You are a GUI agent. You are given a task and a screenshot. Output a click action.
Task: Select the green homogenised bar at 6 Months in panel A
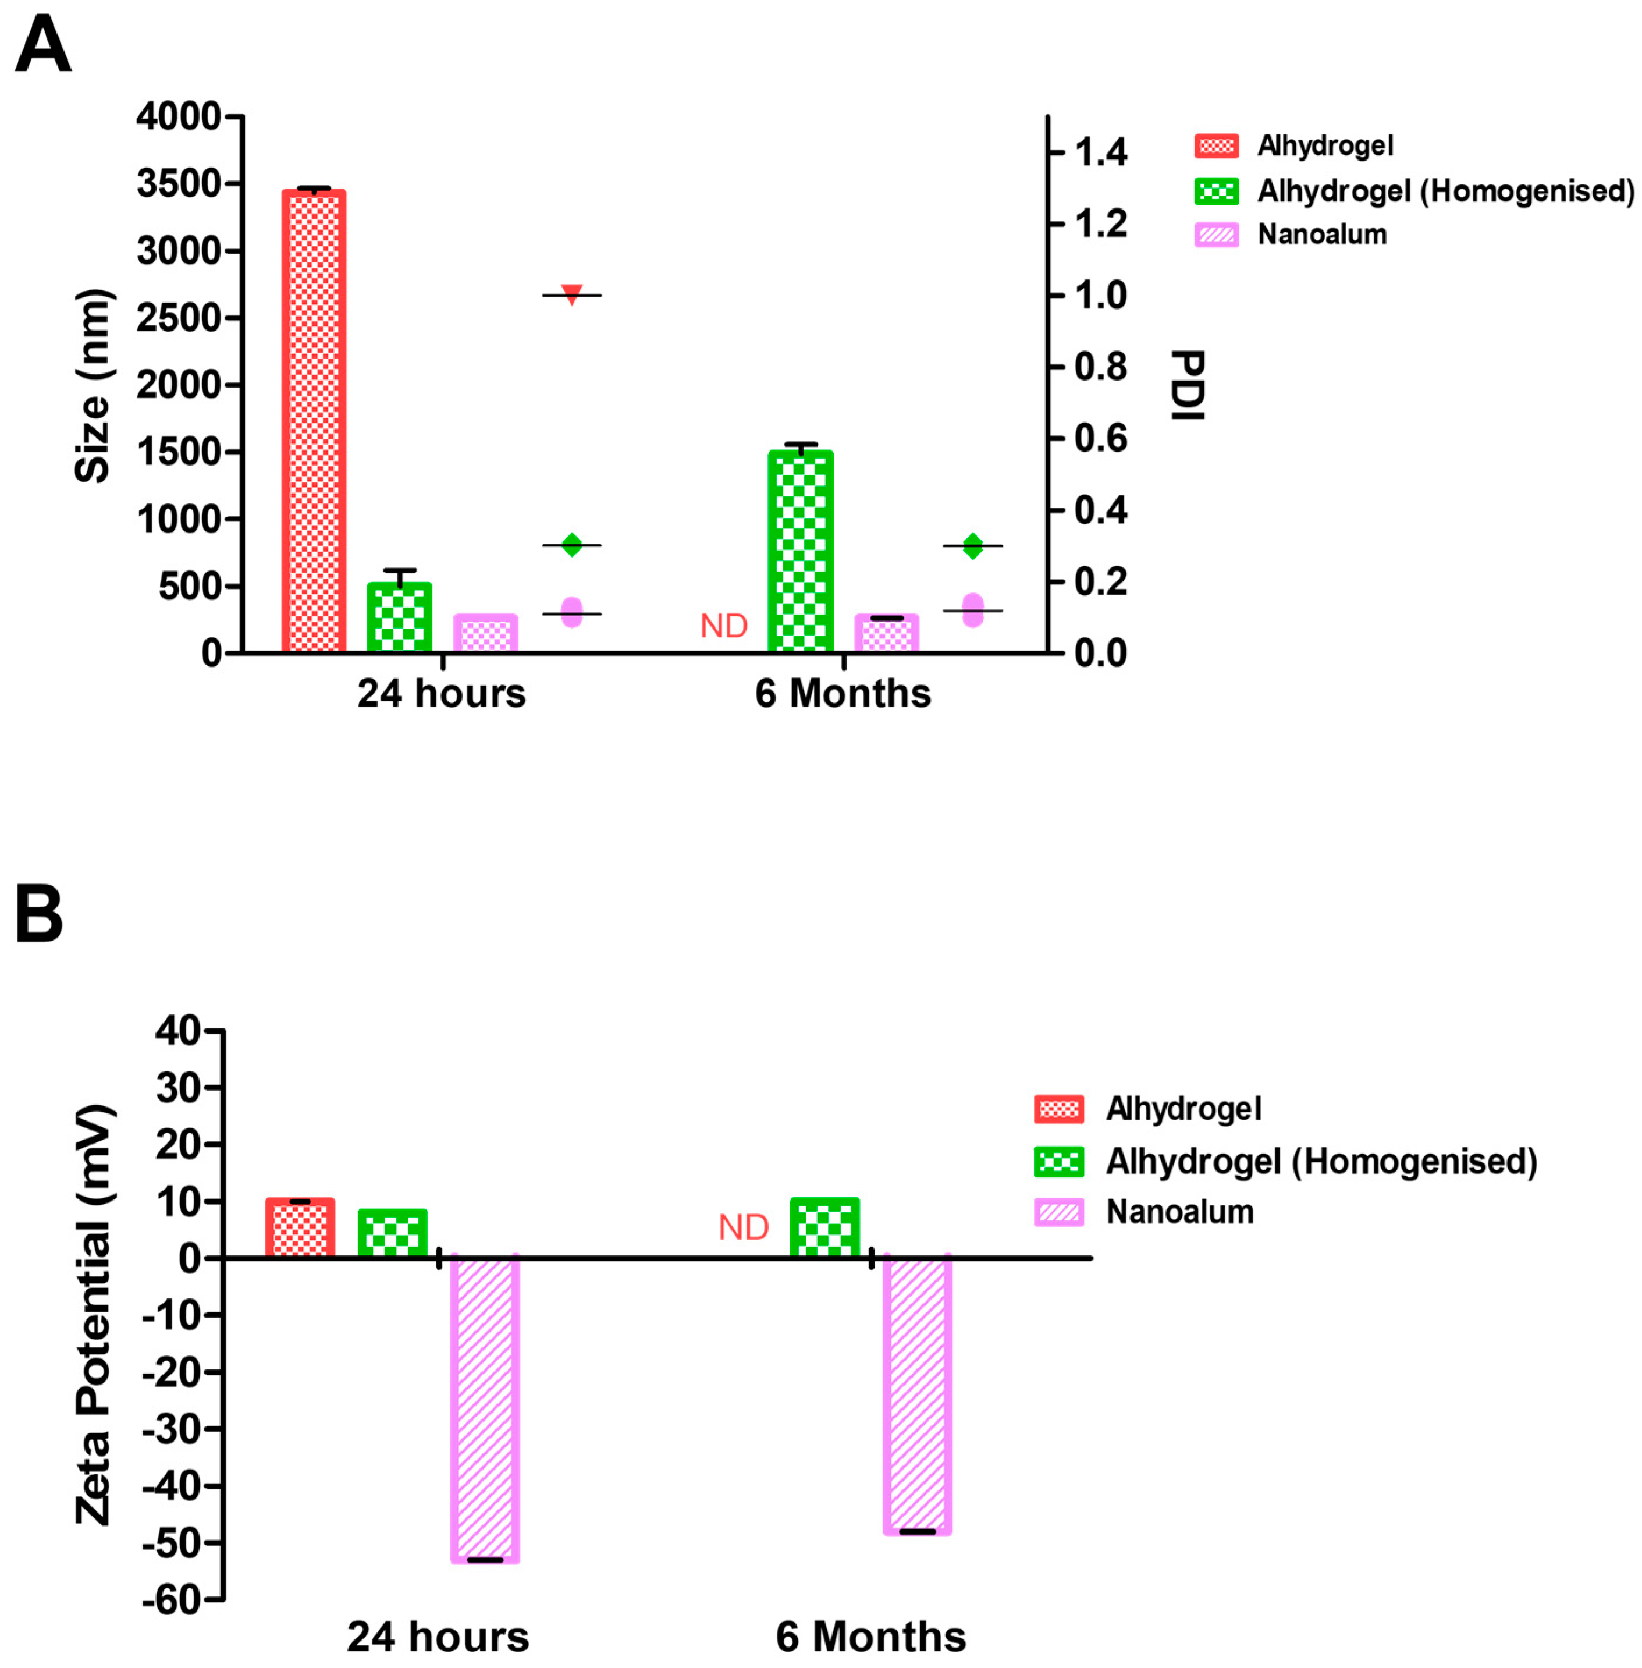tap(800, 552)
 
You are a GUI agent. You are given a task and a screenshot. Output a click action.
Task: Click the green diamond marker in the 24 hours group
tap(572, 545)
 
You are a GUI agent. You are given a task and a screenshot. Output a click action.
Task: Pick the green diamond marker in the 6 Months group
tap(973, 546)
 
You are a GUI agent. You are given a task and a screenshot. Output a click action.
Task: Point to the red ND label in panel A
tap(724, 626)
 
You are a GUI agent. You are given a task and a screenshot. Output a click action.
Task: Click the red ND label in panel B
tap(744, 1227)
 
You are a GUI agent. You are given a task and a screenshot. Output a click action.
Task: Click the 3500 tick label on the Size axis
tap(179, 184)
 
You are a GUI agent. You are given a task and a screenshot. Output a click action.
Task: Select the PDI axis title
tap(1188, 385)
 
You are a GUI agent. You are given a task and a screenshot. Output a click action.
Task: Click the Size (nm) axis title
tap(93, 385)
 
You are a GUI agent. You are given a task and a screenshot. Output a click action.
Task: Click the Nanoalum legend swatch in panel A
tap(1216, 235)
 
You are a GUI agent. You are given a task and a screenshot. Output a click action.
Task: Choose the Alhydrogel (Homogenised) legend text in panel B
tap(1321, 1162)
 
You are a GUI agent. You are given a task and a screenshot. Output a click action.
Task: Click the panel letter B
tap(40, 914)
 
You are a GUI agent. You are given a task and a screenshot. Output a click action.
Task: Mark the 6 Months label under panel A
tap(843, 693)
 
